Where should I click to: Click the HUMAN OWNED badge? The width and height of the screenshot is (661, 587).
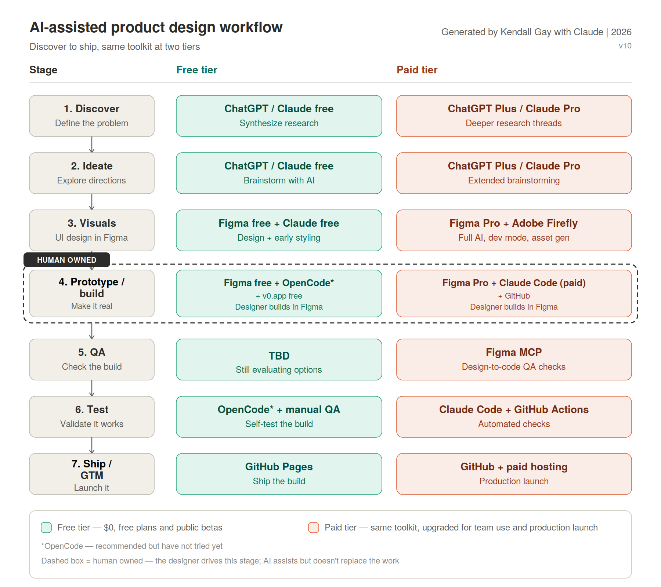(67, 260)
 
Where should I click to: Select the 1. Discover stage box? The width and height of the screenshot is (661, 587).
(92, 116)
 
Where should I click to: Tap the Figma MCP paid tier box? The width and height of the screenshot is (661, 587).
(514, 360)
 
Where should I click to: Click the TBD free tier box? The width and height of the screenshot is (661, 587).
(279, 360)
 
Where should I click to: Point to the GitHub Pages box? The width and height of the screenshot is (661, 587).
(279, 474)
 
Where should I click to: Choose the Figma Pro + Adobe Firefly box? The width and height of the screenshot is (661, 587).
(514, 230)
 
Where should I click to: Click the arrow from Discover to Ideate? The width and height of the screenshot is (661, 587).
(92, 145)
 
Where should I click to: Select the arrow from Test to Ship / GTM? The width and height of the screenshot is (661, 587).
(92, 445)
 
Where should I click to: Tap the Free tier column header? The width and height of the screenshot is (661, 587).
(197, 70)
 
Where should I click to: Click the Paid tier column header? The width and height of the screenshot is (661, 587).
(417, 70)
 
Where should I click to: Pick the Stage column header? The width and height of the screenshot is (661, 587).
(43, 70)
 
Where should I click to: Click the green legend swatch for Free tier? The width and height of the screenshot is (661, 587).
(46, 528)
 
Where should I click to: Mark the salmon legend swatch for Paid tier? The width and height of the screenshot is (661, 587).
(314, 528)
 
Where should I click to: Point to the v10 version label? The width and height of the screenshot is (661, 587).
(625, 46)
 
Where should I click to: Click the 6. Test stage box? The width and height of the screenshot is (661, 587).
(92, 417)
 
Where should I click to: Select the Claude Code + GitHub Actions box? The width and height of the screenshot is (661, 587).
(514, 417)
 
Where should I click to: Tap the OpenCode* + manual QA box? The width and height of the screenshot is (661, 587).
(279, 417)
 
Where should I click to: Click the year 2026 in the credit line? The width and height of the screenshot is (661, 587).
(621, 32)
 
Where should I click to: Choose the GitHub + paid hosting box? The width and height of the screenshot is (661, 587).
(514, 474)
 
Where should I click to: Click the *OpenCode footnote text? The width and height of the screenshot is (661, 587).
(132, 546)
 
